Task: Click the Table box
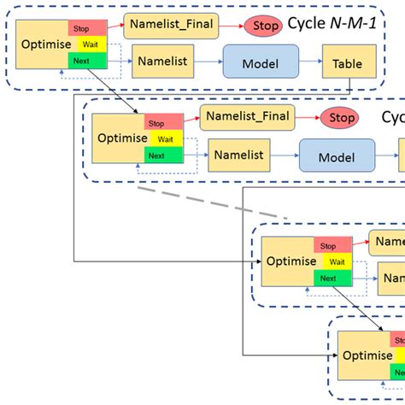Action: (346, 63)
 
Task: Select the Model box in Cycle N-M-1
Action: (261, 63)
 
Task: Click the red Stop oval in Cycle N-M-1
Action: (263, 26)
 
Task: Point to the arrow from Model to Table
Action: (310, 63)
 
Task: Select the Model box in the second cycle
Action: (337, 156)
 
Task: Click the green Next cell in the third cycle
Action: (326, 278)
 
